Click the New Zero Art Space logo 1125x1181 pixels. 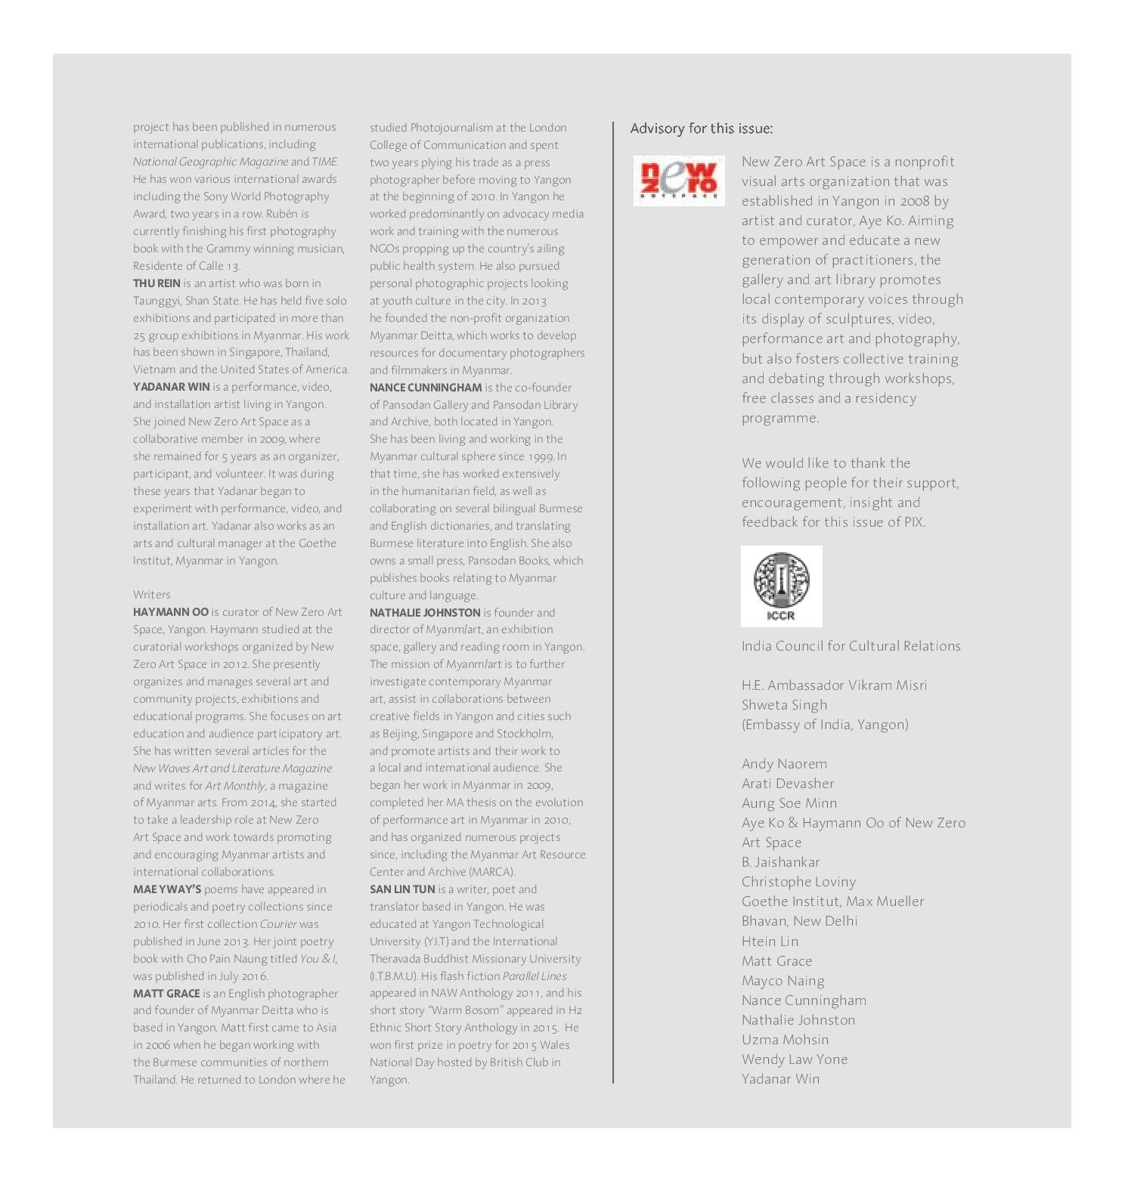(678, 181)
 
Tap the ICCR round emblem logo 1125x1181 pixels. (781, 586)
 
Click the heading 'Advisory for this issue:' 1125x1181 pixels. (701, 128)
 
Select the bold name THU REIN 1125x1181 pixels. (157, 283)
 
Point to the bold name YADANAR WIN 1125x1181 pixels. (171, 387)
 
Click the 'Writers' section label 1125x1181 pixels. (151, 595)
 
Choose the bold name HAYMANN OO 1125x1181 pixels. (170, 612)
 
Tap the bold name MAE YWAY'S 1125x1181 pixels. (166, 889)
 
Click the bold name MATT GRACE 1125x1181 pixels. (166, 994)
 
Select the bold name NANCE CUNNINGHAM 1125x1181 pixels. (425, 388)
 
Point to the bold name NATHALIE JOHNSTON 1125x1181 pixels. (424, 613)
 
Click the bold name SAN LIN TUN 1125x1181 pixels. (401, 889)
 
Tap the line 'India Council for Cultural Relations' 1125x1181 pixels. (851, 646)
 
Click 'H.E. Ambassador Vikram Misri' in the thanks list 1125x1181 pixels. (834, 685)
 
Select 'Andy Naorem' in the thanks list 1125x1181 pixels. (784, 764)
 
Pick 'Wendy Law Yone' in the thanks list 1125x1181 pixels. (794, 1059)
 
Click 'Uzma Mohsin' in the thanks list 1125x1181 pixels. (785, 1040)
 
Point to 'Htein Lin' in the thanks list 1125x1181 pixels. (770, 941)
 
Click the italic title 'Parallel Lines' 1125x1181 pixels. (534, 976)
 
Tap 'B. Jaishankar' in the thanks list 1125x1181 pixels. (780, 862)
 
